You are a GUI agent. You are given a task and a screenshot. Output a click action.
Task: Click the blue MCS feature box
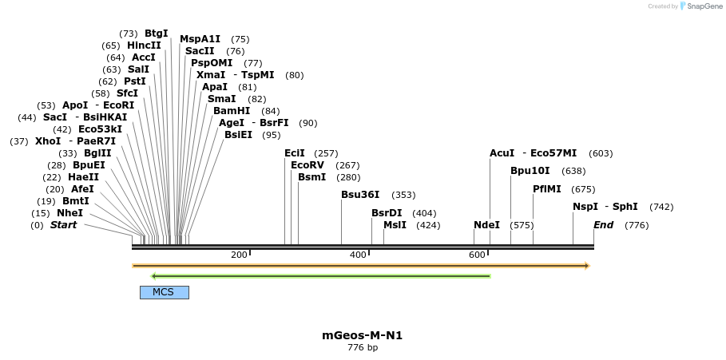(x=164, y=292)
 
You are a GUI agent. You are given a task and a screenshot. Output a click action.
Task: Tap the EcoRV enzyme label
(x=307, y=165)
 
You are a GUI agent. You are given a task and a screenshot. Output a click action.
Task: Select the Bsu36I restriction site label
(x=360, y=195)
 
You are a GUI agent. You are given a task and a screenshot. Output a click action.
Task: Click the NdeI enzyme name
(x=486, y=225)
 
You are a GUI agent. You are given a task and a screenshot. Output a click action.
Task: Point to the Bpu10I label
(x=530, y=171)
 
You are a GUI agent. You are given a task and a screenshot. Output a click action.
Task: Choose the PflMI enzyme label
(x=547, y=189)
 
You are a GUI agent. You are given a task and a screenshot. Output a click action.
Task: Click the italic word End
(x=603, y=225)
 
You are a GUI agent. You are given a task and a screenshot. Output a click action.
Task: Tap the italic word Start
(x=64, y=225)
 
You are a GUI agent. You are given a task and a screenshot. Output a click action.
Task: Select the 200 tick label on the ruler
(x=239, y=255)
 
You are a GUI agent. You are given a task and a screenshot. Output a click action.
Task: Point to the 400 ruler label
(x=358, y=255)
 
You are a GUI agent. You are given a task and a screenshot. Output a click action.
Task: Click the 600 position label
(x=477, y=255)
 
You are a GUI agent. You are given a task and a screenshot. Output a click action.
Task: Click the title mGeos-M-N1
(x=362, y=335)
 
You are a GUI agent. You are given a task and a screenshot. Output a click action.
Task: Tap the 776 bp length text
(x=362, y=348)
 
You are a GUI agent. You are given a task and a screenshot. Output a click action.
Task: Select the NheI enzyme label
(x=69, y=213)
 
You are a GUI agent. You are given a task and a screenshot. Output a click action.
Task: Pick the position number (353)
(x=403, y=195)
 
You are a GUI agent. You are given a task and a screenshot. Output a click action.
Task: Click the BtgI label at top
(x=157, y=34)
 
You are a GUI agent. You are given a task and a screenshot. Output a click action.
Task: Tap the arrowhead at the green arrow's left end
(x=153, y=276)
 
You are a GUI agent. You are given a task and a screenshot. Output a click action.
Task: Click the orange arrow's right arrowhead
(x=587, y=265)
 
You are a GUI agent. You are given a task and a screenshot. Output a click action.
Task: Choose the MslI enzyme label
(x=395, y=225)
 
